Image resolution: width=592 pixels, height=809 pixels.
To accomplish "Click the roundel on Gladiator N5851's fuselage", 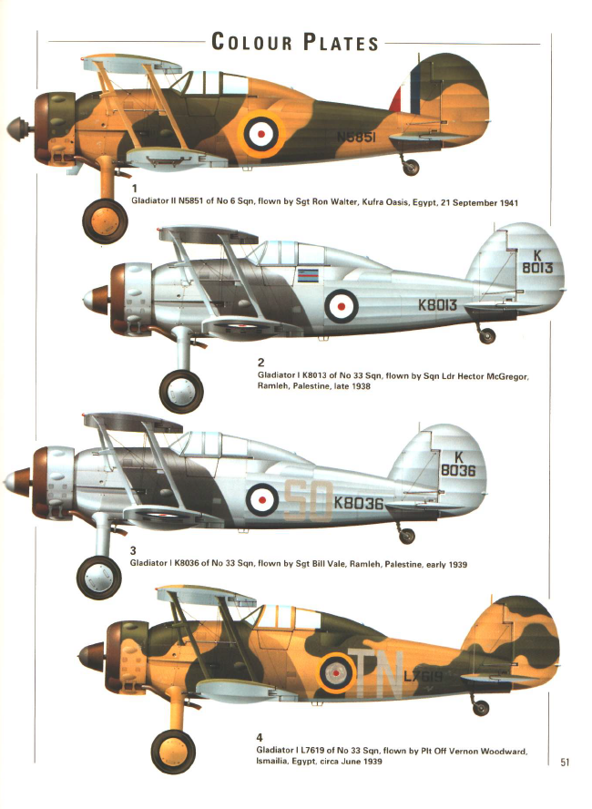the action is [260, 134].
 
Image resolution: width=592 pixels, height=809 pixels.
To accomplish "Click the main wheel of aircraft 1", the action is [105, 220].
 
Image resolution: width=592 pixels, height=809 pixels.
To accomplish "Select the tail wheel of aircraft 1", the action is [411, 167].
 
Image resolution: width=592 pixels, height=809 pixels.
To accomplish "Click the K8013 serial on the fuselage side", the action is [437, 304].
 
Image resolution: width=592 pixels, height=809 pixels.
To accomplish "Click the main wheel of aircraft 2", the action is [181, 392].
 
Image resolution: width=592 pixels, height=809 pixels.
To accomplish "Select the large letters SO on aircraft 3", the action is [307, 500].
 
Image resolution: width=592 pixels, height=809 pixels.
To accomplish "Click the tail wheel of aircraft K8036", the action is [406, 536].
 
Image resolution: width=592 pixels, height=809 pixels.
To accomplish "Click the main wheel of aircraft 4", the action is [173, 752].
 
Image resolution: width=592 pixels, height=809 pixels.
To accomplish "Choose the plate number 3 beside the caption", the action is [133, 550].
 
